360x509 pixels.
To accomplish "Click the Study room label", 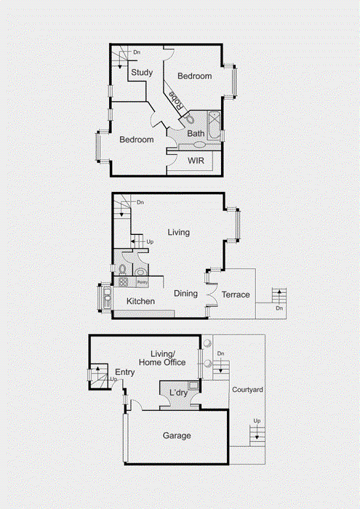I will (141, 72).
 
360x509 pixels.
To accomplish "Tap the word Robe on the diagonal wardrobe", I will (175, 100).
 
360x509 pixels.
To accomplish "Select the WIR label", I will (196, 160).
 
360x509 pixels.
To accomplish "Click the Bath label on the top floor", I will (196, 134).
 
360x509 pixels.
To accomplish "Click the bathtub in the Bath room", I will (214, 125).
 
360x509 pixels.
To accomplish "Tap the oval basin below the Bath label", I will (199, 145).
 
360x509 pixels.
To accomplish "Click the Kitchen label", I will (140, 300).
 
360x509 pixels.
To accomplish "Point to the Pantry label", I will (143, 282).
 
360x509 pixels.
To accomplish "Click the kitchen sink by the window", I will (108, 298).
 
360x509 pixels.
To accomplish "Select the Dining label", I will (185, 294).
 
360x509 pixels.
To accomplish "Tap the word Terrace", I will (236, 294).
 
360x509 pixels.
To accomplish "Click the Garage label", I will (177, 436).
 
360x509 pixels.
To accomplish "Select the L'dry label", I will (178, 393).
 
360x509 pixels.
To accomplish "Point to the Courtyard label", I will (247, 390).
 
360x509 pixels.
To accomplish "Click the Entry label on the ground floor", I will (125, 372).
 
